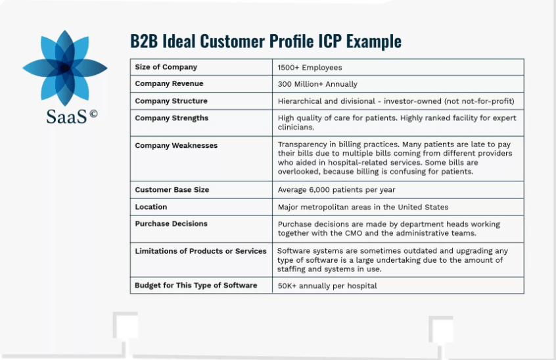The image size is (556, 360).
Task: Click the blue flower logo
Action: click(x=64, y=66)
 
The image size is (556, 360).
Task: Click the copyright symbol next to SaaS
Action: click(x=93, y=114)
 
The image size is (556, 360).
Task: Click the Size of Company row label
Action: click(x=166, y=67)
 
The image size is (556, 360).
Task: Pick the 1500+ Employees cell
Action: click(x=310, y=67)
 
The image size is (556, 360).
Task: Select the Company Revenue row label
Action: click(x=169, y=84)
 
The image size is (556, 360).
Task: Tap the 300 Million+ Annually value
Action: click(x=317, y=84)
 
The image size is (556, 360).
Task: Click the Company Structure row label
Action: click(x=171, y=101)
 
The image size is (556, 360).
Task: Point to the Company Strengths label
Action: click(x=172, y=118)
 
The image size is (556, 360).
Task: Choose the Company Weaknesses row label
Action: click(x=176, y=146)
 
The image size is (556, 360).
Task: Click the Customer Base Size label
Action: click(x=172, y=190)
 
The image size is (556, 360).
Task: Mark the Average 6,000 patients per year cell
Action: click(x=336, y=190)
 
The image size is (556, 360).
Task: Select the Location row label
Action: click(x=151, y=207)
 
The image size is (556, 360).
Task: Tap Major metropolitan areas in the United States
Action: click(x=363, y=207)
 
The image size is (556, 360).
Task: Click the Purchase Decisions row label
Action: click(x=171, y=224)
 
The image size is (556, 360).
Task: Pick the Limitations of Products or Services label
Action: click(x=200, y=251)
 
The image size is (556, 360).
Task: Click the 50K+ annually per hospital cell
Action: click(x=327, y=286)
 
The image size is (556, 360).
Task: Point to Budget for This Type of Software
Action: click(x=196, y=286)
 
